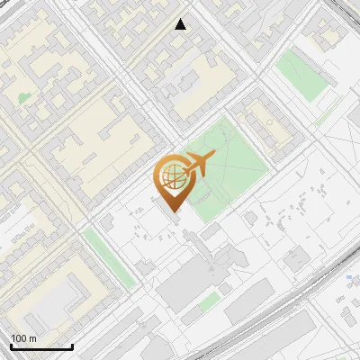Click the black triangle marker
tap(182, 24)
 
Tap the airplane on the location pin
tap(198, 165)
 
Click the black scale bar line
tap(40, 346)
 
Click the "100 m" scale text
tap(24, 338)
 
